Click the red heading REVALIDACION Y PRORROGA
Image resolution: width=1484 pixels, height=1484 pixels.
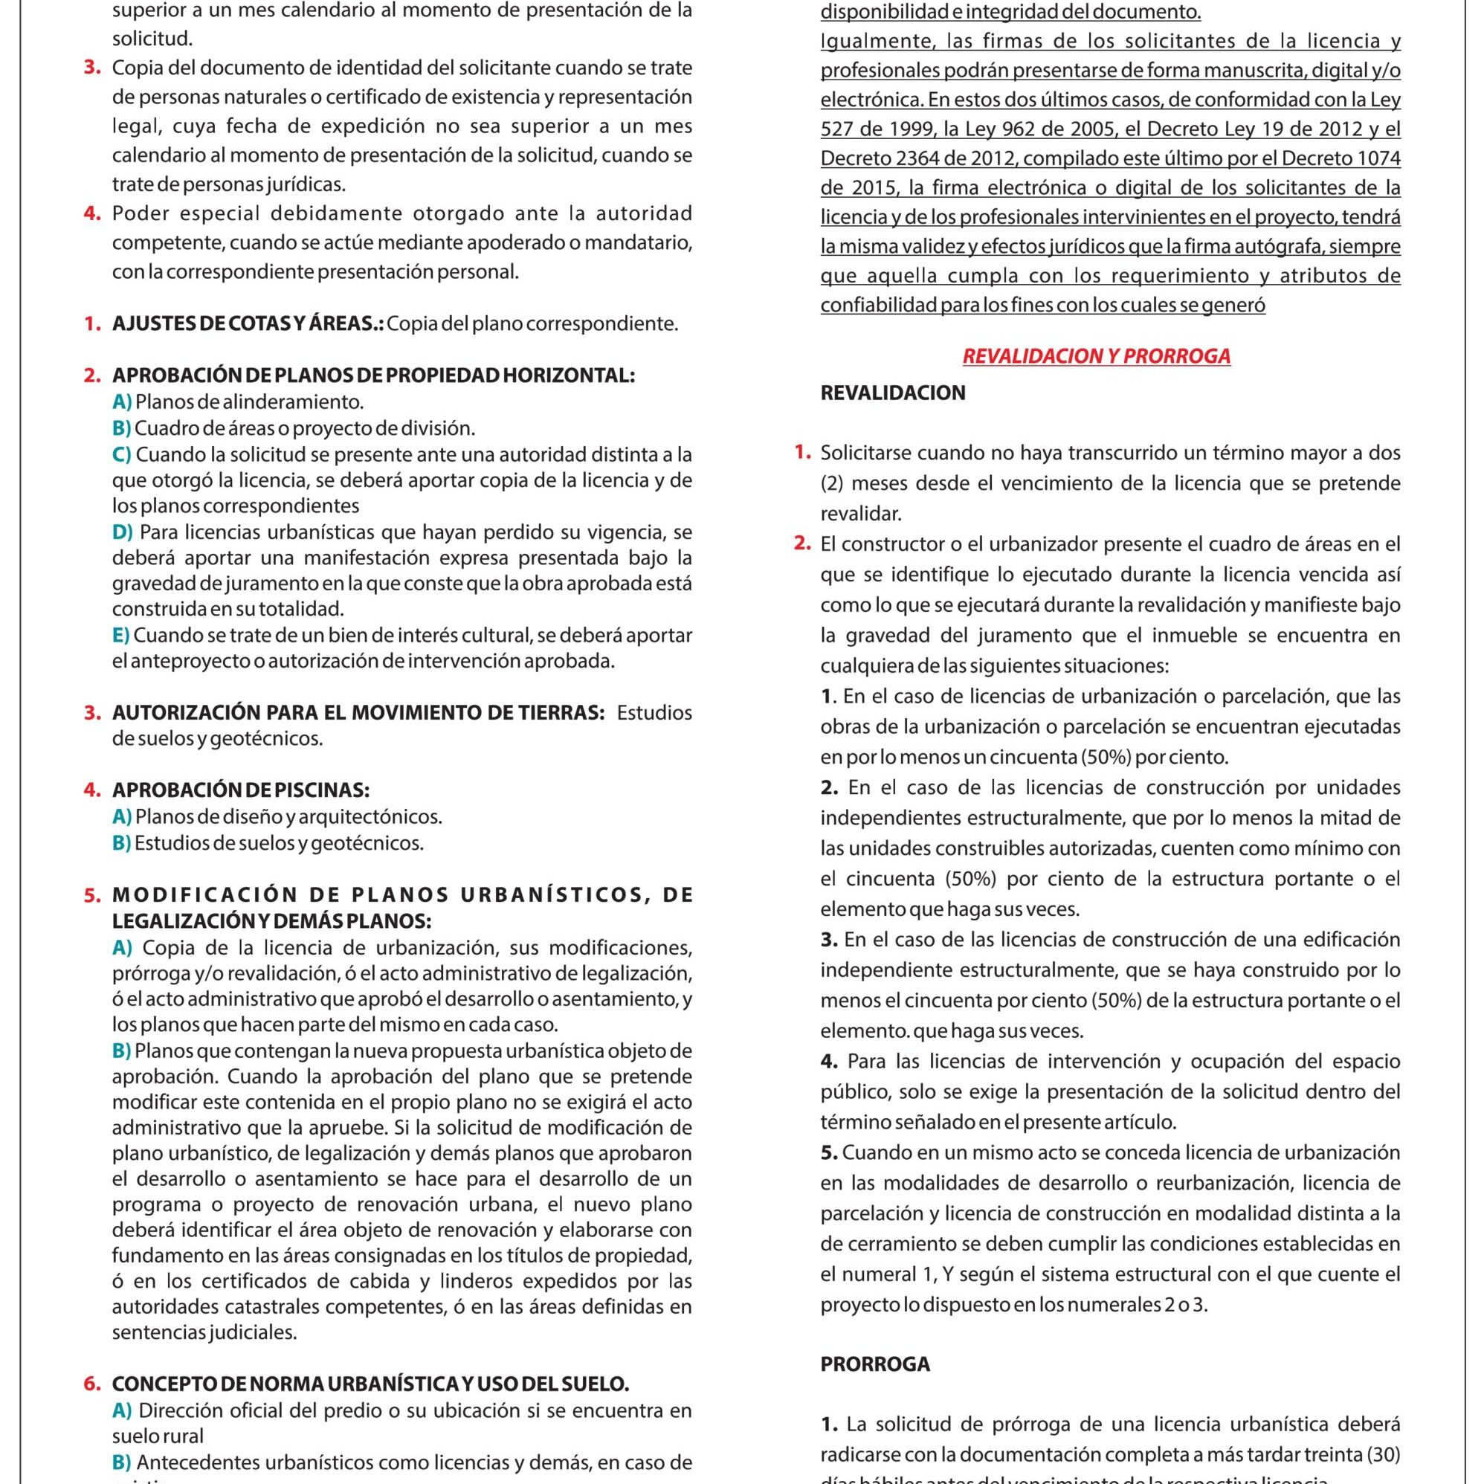point(1096,356)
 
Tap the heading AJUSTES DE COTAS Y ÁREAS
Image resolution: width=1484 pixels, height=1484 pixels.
point(248,323)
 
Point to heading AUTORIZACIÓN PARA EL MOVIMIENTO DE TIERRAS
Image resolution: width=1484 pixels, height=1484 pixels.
point(358,712)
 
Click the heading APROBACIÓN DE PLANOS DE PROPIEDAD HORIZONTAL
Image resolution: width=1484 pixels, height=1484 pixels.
point(373,375)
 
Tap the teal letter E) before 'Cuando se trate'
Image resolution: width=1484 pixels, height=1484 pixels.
point(121,635)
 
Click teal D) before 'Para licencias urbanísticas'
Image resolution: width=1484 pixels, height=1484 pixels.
point(122,532)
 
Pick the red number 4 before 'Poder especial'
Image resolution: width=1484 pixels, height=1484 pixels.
point(92,213)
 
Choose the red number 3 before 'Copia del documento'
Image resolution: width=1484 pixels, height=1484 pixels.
point(92,68)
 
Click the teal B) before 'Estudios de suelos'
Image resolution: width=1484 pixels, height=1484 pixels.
point(121,842)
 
